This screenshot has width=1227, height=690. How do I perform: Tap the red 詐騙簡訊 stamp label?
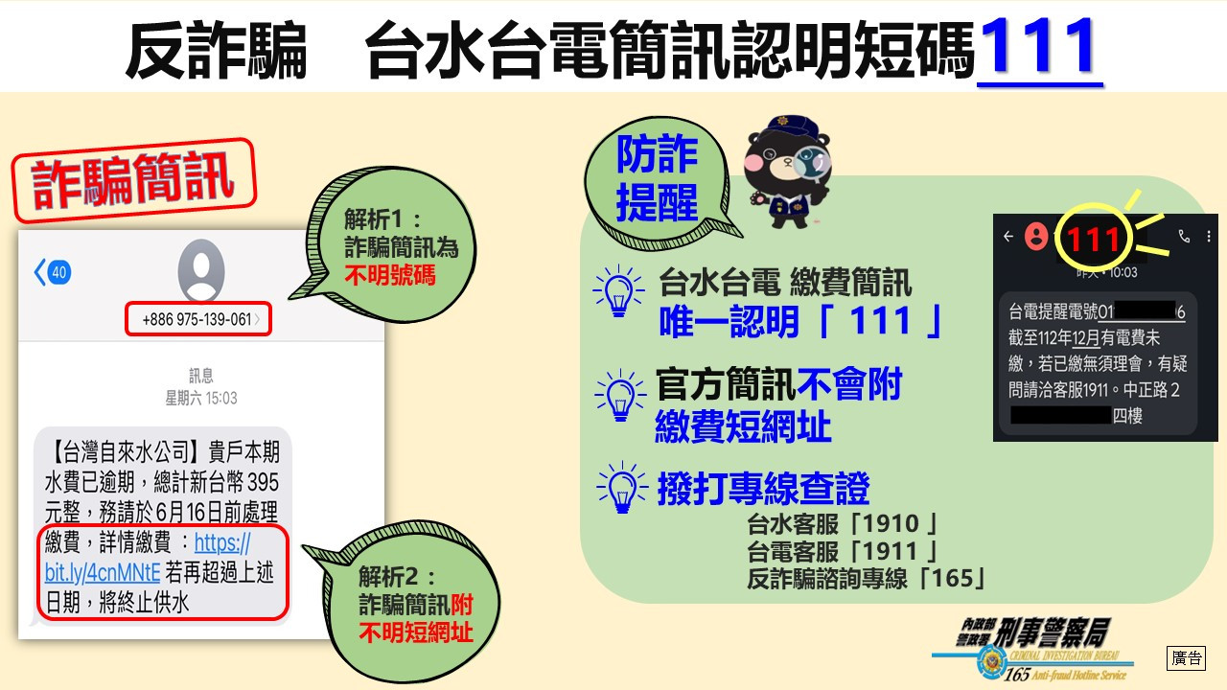(x=134, y=180)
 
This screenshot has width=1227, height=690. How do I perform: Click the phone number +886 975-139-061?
(x=197, y=319)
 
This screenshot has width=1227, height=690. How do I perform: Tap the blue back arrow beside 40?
(x=40, y=272)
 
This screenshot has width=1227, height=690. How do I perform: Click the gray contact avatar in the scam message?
(x=201, y=269)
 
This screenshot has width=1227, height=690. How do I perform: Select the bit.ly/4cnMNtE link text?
(x=103, y=573)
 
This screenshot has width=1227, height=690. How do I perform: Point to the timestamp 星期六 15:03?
(x=201, y=398)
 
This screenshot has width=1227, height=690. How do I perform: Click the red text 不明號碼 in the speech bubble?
(x=390, y=275)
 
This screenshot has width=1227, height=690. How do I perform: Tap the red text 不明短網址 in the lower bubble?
(x=416, y=632)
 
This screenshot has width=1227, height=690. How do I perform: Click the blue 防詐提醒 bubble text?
(x=657, y=178)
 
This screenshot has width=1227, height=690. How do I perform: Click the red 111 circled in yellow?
(x=1094, y=240)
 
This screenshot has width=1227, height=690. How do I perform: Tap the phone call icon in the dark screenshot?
(x=1184, y=236)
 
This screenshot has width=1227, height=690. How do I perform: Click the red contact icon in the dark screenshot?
(x=1036, y=237)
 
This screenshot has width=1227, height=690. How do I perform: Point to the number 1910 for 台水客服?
(x=890, y=524)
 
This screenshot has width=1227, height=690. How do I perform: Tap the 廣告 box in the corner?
(x=1187, y=657)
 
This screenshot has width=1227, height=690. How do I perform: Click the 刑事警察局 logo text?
(x=1053, y=632)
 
